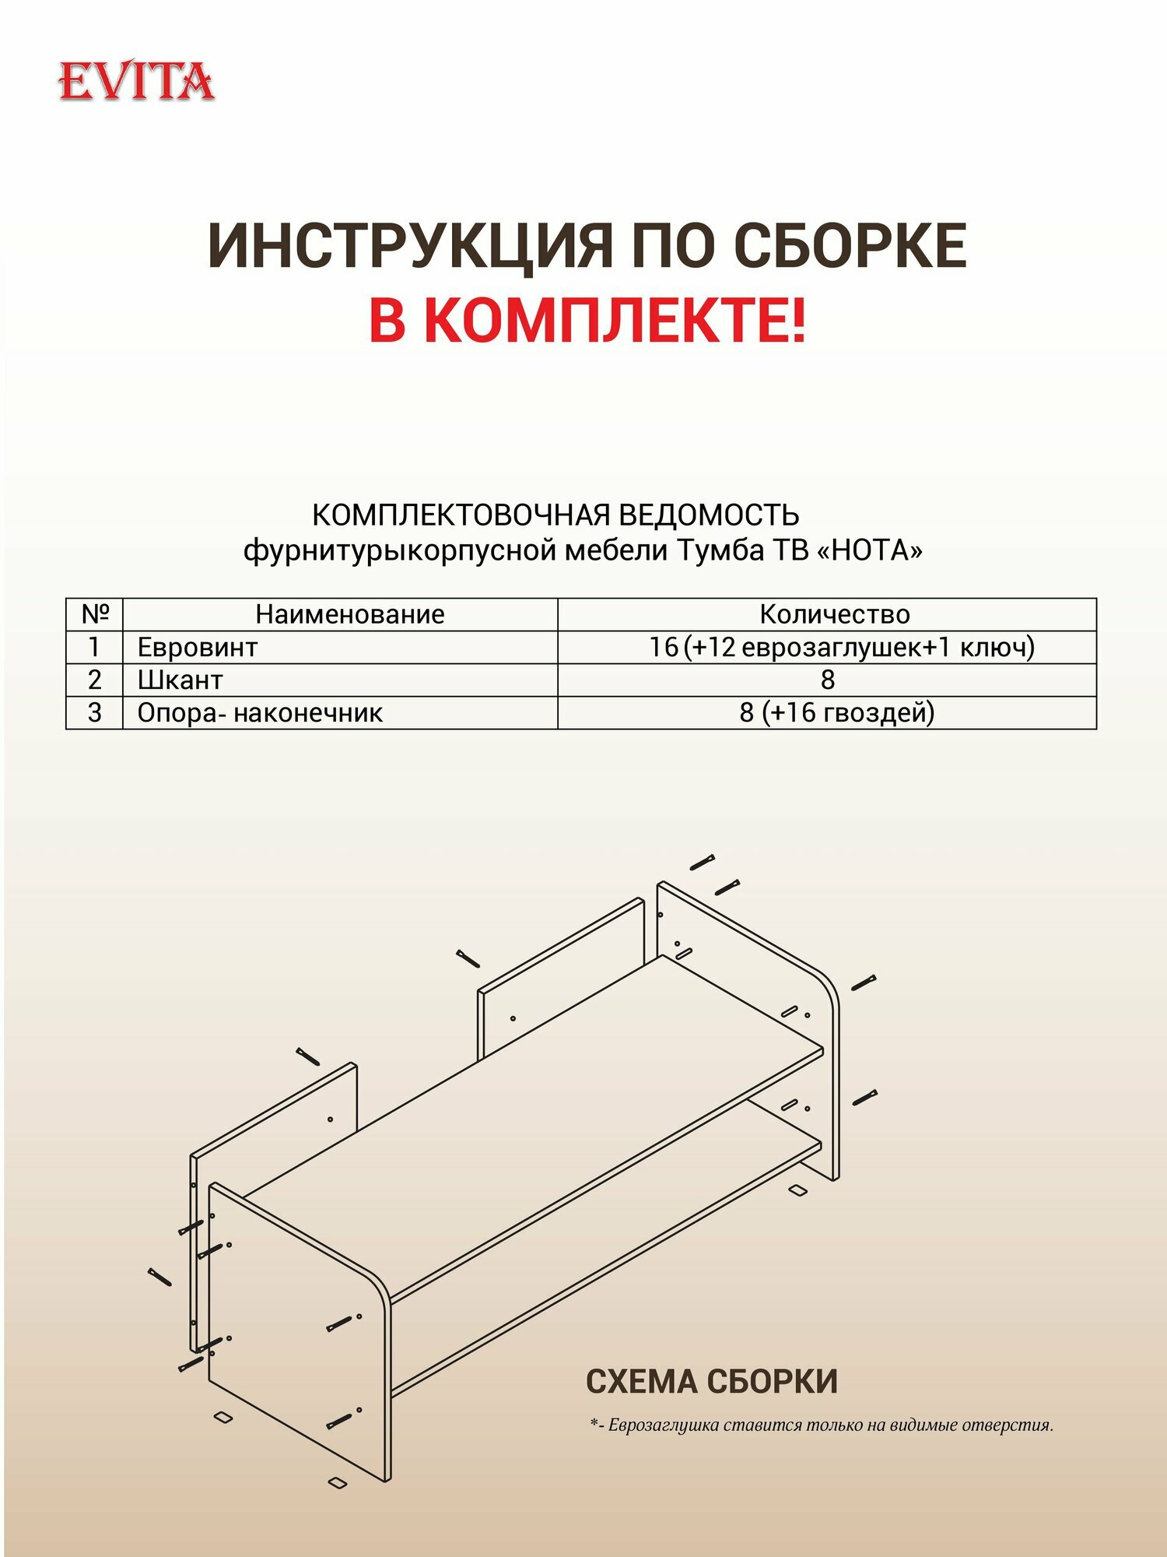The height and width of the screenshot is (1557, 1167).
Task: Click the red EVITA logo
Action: point(136,82)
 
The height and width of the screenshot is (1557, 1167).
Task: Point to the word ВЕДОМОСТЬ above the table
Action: point(707,515)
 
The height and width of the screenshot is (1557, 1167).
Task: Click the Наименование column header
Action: point(349,614)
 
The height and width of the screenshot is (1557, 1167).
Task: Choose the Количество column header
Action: point(834,614)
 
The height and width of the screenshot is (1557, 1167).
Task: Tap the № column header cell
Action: point(94,614)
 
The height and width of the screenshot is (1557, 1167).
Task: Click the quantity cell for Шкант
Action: point(827,680)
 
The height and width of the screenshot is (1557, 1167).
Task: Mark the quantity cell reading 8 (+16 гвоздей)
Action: point(836,713)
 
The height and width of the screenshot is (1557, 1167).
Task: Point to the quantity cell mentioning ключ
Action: point(842,647)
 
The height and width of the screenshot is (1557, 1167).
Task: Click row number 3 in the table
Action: point(94,713)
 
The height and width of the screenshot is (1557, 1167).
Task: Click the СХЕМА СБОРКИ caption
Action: point(711,1382)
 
